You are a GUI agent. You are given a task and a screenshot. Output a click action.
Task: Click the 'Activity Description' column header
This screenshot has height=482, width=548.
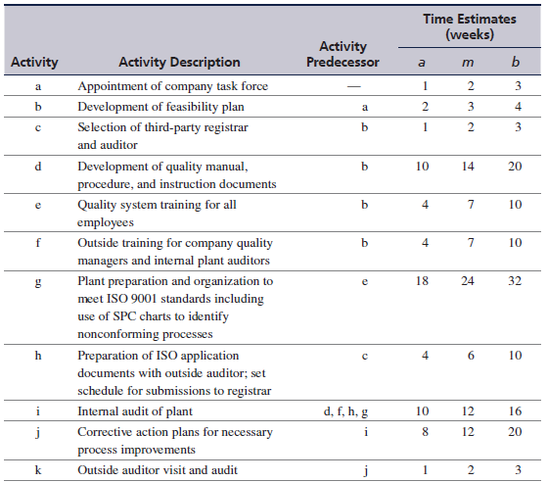point(179,63)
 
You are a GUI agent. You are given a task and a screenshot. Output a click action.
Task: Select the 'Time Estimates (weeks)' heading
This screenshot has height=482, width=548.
point(470,26)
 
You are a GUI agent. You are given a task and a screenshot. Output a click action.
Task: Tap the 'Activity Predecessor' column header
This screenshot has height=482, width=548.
point(342,54)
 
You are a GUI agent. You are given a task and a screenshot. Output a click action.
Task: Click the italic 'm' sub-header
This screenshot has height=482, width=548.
point(468,63)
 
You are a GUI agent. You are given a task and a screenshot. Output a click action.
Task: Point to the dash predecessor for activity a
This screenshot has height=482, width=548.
point(354,86)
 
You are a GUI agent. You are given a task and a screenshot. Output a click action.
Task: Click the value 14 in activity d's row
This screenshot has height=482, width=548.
point(468,167)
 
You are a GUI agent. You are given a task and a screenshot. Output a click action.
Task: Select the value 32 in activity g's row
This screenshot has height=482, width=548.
point(515,281)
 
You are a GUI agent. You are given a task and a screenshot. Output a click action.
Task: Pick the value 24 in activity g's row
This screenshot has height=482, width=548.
point(468,281)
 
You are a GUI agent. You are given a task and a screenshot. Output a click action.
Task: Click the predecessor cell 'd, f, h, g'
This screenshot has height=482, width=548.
point(345,411)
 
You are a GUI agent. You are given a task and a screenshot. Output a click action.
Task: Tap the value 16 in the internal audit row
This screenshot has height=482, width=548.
point(515,411)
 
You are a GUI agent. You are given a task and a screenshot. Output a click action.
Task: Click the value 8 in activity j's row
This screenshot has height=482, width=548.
point(425,432)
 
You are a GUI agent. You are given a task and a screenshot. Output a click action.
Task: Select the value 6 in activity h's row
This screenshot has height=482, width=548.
point(471,356)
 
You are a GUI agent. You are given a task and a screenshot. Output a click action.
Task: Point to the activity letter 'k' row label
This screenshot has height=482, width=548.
point(38,469)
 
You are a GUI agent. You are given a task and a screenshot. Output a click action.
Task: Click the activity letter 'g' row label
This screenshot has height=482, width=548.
point(38,282)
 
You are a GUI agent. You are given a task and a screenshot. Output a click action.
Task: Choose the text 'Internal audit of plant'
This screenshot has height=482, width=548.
point(135,411)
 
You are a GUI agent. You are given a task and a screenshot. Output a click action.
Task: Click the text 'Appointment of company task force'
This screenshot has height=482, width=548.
point(172,86)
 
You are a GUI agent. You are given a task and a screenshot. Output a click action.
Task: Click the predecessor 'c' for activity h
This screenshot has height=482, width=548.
point(365,357)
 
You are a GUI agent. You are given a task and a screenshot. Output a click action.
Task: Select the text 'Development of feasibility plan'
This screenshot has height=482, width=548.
point(160,107)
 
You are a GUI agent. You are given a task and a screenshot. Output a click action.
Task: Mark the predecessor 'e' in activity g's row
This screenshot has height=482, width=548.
point(365,282)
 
